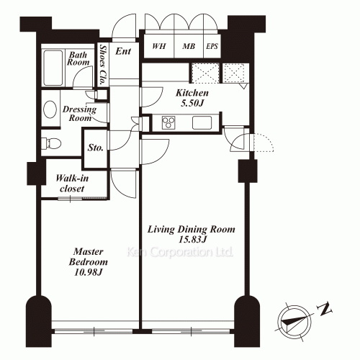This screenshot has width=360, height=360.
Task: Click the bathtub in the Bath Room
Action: pyautogui.click(x=53, y=68)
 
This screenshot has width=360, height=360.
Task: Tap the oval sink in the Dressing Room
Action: pyautogui.click(x=50, y=109)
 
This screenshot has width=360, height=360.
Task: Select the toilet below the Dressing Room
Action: pyautogui.click(x=51, y=143)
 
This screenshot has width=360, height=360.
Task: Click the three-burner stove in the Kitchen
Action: pyautogui.click(x=168, y=122)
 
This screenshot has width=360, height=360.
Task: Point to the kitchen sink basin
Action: pyautogui.click(x=202, y=122)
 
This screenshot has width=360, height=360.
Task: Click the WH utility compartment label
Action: pyautogui.click(x=159, y=46)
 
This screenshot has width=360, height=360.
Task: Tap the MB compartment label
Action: pyautogui.click(x=189, y=46)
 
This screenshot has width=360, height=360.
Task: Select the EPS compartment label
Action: pyautogui.click(x=212, y=46)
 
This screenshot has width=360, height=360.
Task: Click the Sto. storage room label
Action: pyautogui.click(x=95, y=148)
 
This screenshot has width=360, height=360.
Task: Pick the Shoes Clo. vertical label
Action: pyautogui.click(x=103, y=65)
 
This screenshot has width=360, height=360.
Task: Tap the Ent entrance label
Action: pyautogui.click(x=123, y=51)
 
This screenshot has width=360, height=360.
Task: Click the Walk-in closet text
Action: pyautogui.click(x=72, y=184)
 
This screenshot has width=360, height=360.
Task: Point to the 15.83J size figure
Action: pyautogui.click(x=192, y=239)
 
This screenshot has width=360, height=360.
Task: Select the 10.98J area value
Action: pyautogui.click(x=89, y=272)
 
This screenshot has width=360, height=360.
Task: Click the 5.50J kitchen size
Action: pyautogui.click(x=192, y=103)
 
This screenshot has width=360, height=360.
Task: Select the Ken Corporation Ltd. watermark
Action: pyautogui.click(x=179, y=252)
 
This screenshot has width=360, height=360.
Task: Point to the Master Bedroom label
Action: pyautogui.click(x=89, y=256)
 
